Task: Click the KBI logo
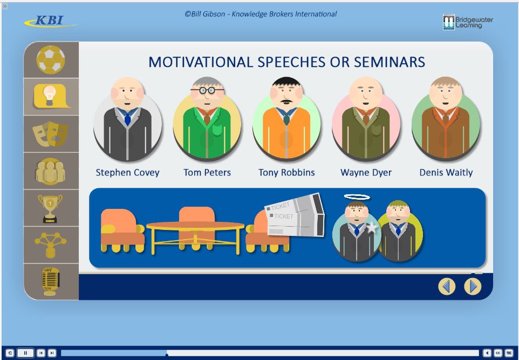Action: [x=50, y=21]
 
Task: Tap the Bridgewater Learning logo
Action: [x=468, y=22]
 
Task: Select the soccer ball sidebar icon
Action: [x=51, y=59]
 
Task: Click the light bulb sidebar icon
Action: [x=51, y=97]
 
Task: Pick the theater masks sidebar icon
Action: [x=50, y=134]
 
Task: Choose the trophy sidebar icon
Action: [x=50, y=208]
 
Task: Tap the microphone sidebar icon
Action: [x=50, y=282]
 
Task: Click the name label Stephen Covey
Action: [x=127, y=173]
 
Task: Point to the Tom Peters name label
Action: [x=207, y=173]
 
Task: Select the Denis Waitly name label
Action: [x=446, y=173]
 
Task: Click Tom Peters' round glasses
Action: [x=207, y=90]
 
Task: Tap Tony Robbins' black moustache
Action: [x=286, y=101]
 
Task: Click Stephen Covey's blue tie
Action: [x=127, y=119]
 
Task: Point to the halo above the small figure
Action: [x=357, y=197]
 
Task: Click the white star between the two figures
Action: [x=372, y=228]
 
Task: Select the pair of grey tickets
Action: [x=295, y=215]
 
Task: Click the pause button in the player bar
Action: [x=25, y=353]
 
